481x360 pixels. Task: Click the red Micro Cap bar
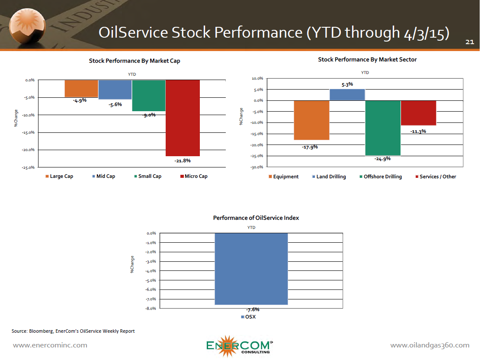(183, 118)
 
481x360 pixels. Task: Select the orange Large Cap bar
(81, 89)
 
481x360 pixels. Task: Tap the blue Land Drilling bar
(347, 95)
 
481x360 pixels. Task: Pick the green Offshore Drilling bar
(383, 128)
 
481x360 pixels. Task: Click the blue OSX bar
(251, 269)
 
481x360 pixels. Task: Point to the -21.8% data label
(183, 161)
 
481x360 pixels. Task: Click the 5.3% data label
(347, 84)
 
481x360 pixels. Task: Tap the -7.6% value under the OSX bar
(253, 309)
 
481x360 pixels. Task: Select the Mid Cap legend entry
(104, 176)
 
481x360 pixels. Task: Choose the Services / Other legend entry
(436, 177)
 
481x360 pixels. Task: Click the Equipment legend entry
(283, 177)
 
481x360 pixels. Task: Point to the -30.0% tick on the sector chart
(257, 167)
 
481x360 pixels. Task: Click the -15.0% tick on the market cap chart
(28, 132)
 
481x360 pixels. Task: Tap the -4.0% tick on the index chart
(151, 271)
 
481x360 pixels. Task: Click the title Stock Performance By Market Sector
(367, 60)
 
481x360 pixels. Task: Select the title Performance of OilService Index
(256, 218)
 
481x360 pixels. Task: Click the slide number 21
(470, 42)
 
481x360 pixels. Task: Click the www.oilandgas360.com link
(430, 345)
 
